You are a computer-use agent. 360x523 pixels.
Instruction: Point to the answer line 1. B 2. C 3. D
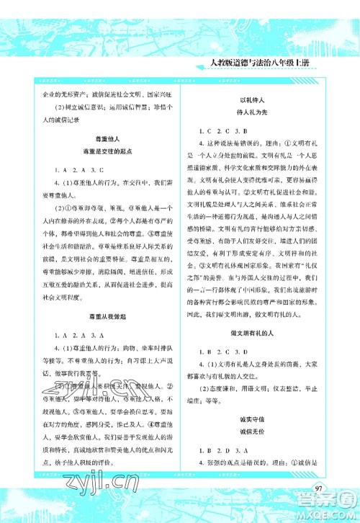click(228, 352)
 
